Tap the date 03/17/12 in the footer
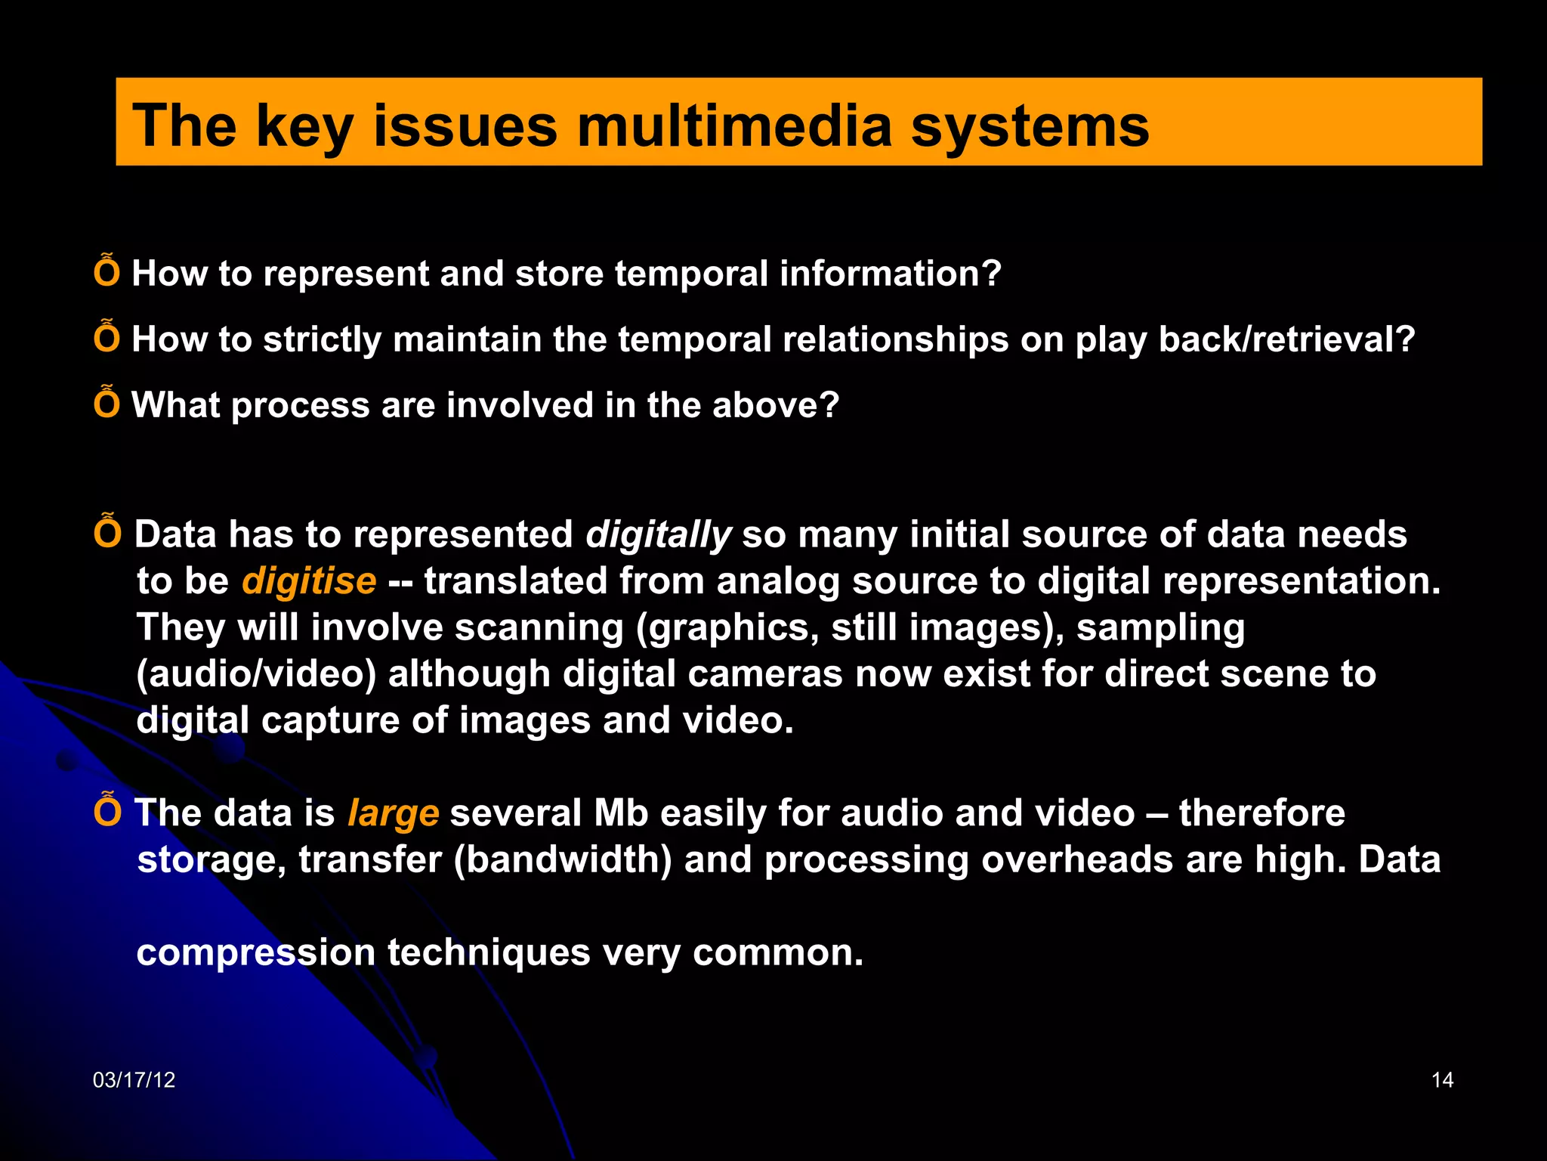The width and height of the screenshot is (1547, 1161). pos(134,1080)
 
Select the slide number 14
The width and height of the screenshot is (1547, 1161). pos(1442,1080)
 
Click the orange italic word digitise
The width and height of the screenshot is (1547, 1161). pos(309,581)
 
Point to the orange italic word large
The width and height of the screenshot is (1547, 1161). pos(393,814)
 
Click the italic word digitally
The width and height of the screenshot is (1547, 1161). pos(658,534)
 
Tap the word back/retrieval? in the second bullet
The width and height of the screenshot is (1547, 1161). pos(1286,339)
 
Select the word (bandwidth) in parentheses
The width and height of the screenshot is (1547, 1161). pos(563,860)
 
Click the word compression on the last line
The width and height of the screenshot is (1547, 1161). pos(255,952)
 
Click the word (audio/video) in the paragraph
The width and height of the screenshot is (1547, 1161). pos(256,674)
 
